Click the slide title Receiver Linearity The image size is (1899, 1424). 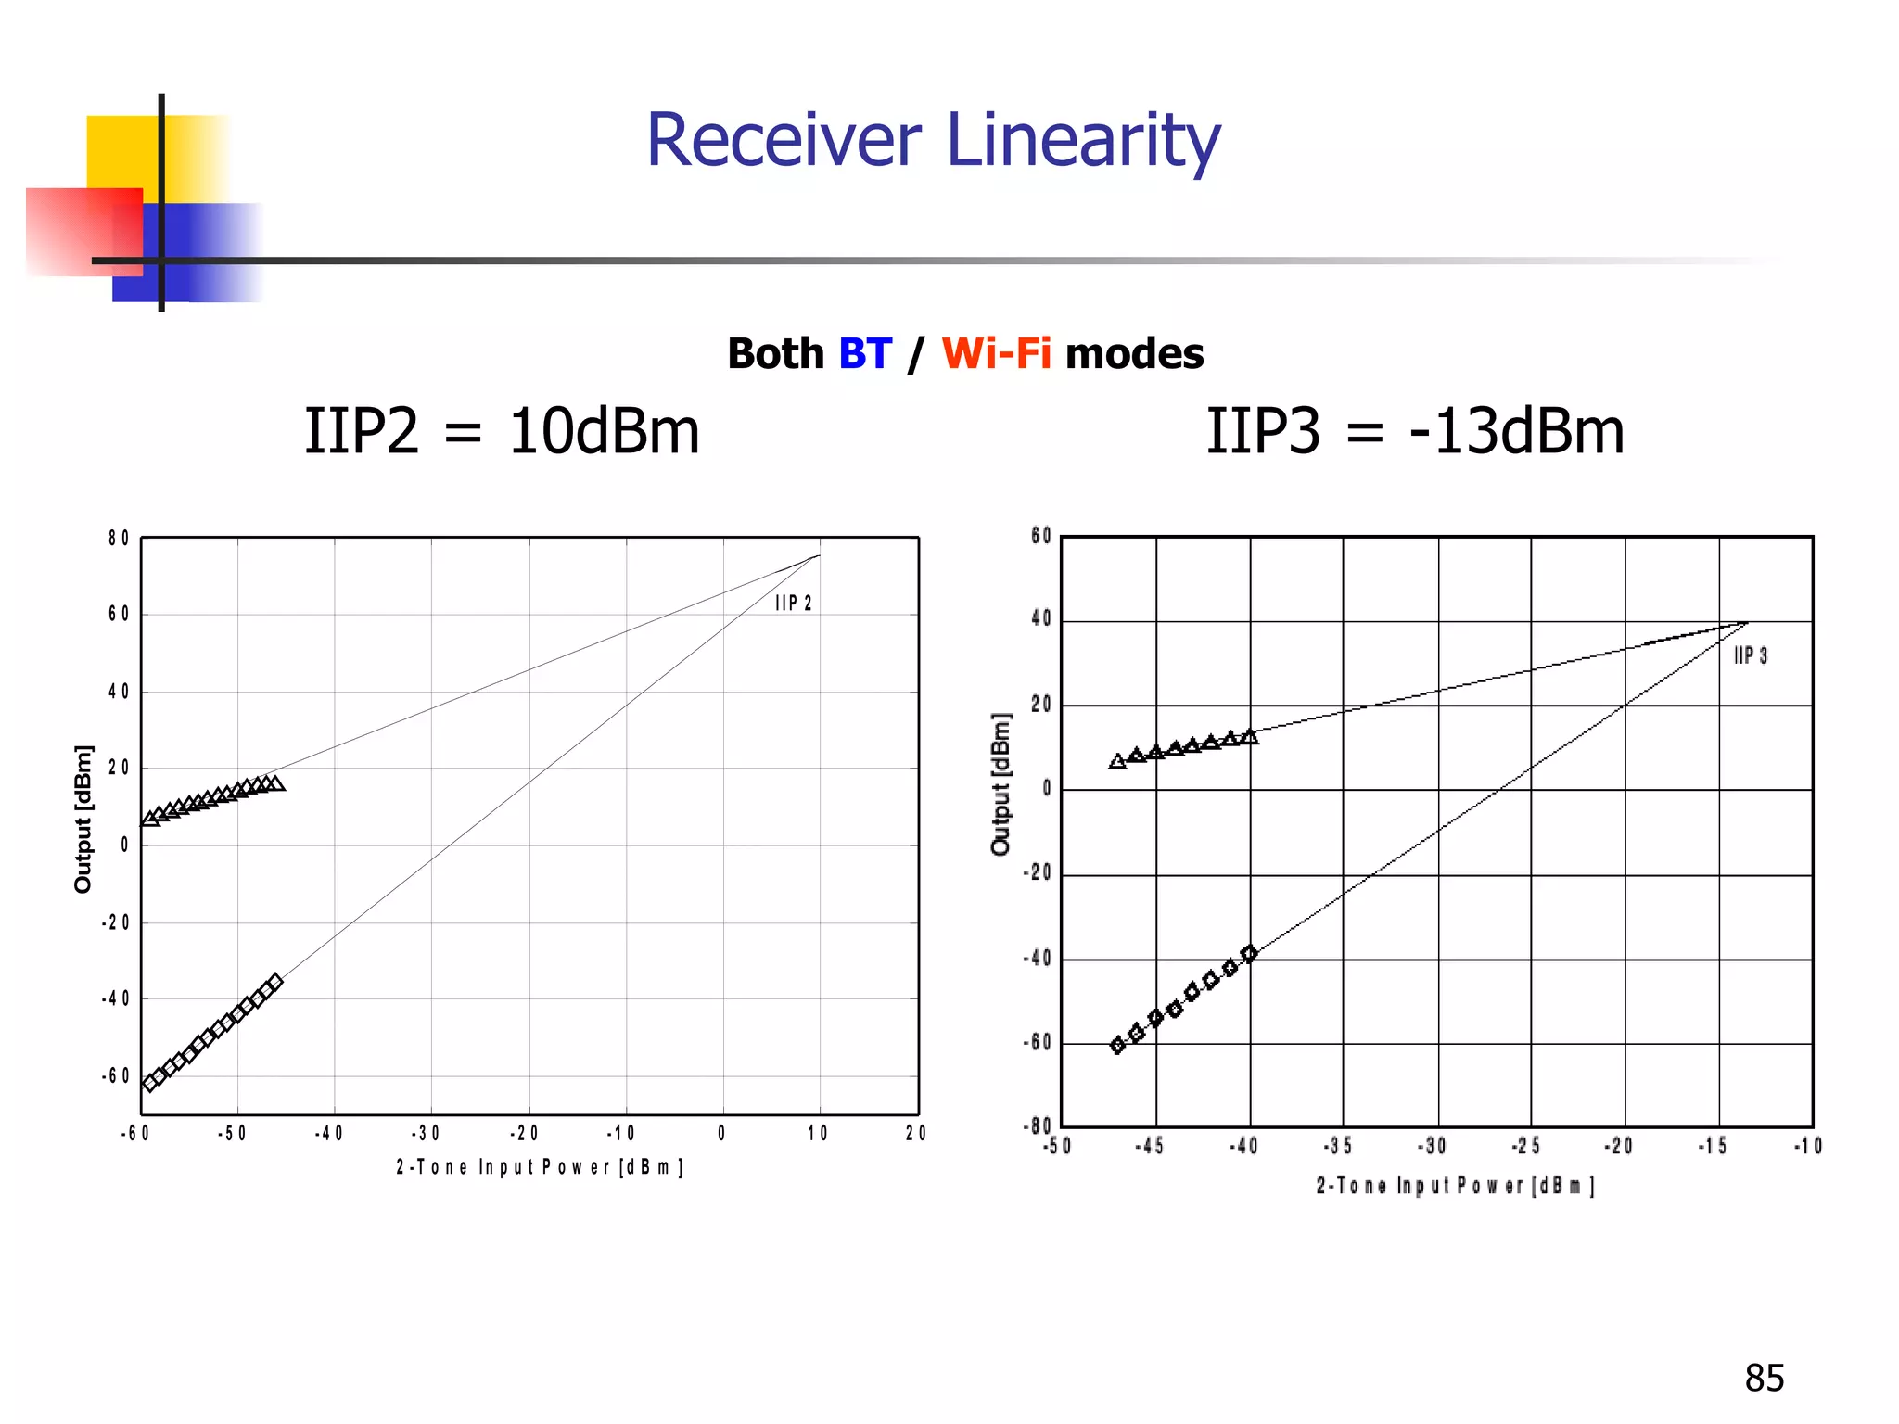click(x=933, y=140)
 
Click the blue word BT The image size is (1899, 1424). click(x=864, y=354)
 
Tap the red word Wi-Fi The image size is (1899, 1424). click(x=996, y=354)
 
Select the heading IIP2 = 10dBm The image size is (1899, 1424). click(x=502, y=432)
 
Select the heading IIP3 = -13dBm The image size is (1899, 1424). click(x=1414, y=432)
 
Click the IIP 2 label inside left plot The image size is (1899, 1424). click(x=793, y=604)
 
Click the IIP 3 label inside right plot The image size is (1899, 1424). click(x=1750, y=656)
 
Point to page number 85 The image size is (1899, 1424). click(x=1764, y=1378)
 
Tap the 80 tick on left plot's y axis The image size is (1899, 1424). click(x=118, y=539)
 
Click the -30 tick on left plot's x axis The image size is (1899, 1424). click(x=426, y=1133)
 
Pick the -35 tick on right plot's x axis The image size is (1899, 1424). click(x=1338, y=1146)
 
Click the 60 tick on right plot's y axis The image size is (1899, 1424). click(x=1040, y=536)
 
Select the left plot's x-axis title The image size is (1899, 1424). click(x=539, y=1167)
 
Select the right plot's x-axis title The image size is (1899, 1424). click(x=1455, y=1186)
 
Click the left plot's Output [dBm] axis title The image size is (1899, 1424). click(x=83, y=819)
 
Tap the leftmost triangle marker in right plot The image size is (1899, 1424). click(x=1117, y=761)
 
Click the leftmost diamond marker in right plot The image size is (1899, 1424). click(x=1117, y=1046)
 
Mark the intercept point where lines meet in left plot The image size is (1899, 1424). click(x=819, y=556)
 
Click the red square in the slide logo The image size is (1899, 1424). click(x=83, y=232)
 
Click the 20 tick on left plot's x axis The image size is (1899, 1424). click(x=915, y=1133)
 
